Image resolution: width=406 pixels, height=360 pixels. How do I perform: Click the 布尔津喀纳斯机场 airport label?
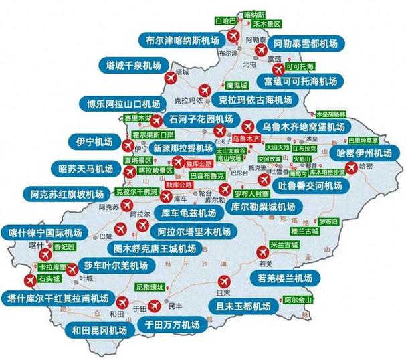coord(183,40)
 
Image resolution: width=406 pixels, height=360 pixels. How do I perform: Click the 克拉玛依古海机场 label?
coord(256,100)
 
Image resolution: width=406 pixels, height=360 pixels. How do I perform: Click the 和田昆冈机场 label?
coord(96,329)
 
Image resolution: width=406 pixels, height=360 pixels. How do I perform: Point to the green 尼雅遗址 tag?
coord(149,286)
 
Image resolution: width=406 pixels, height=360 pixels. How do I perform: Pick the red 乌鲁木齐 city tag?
coord(245,137)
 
